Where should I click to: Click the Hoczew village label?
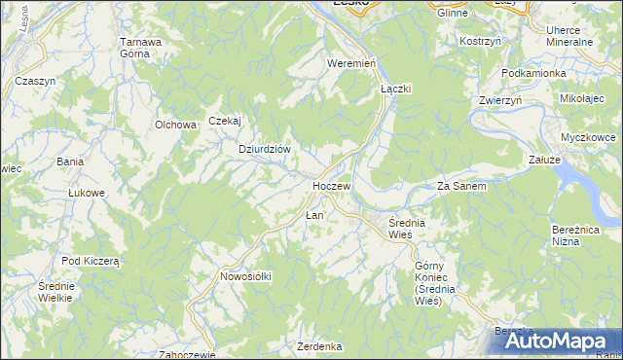coord(331,184)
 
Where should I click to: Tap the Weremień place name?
coord(351,62)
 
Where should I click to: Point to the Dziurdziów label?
coord(266,149)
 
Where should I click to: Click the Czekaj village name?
coord(224,121)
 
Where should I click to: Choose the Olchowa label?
coord(176,125)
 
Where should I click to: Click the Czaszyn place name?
coord(35,81)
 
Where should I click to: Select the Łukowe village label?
coord(86,193)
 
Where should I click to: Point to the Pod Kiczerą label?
coord(90,261)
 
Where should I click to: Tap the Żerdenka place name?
coord(320,346)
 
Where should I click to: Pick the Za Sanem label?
coord(461,186)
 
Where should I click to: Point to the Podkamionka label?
coord(533,73)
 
